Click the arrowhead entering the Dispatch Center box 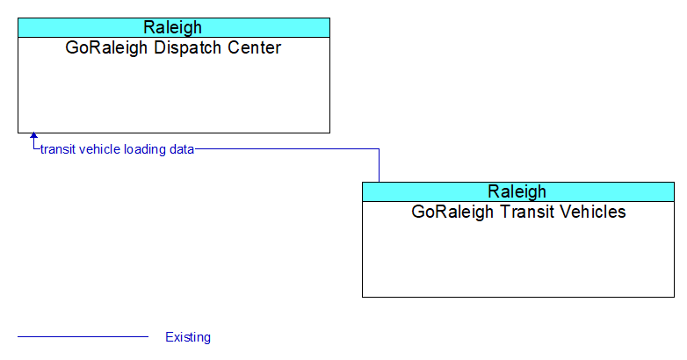pyautogui.click(x=33, y=135)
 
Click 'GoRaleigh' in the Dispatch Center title pyautogui.click(x=106, y=47)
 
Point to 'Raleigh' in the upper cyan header pyautogui.click(x=172, y=27)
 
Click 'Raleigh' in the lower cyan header pyautogui.click(x=517, y=191)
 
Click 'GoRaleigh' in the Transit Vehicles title pyautogui.click(x=452, y=212)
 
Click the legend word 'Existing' pyautogui.click(x=188, y=337)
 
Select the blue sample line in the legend pyautogui.click(x=83, y=337)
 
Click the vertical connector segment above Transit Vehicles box pyautogui.click(x=379, y=166)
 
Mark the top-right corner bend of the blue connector pyautogui.click(x=379, y=149)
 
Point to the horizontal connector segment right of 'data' pyautogui.click(x=287, y=149)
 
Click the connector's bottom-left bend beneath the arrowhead pyautogui.click(x=33, y=149)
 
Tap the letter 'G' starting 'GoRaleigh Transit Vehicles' pyautogui.click(x=417, y=212)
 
